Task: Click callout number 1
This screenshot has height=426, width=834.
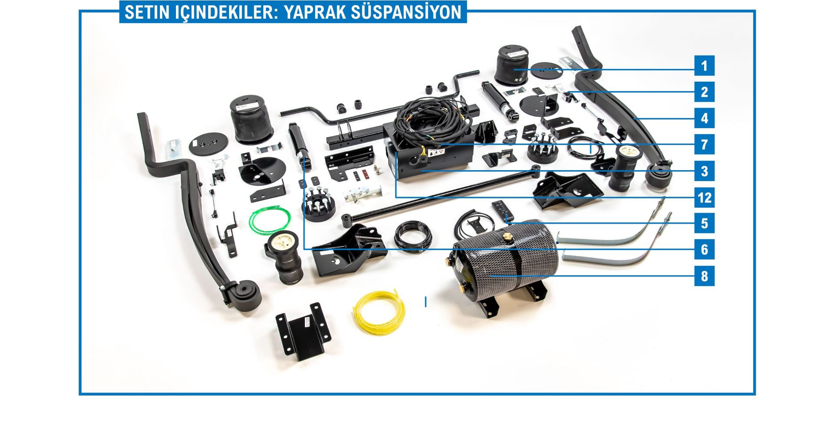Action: click(704, 66)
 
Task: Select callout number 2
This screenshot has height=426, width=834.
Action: click(704, 92)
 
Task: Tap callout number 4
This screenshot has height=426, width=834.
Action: click(704, 118)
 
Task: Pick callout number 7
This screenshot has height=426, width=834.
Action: click(704, 145)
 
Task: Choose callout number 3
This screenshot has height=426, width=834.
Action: click(704, 171)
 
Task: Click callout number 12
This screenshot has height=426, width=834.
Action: click(704, 198)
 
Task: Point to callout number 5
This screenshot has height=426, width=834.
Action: click(704, 224)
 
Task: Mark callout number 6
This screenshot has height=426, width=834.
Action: click(704, 250)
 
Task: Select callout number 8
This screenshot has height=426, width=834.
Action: click(704, 276)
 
